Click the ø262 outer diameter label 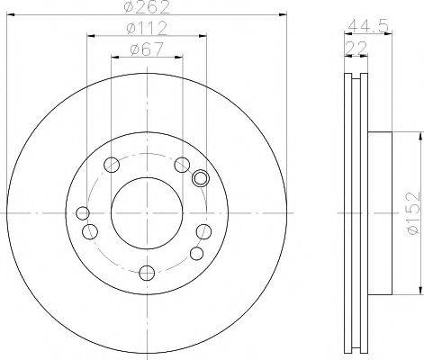(147, 7)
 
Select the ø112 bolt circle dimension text (147, 29)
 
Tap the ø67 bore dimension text (147, 49)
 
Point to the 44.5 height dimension (368, 26)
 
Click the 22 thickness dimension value (356, 48)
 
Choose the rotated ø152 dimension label (415, 212)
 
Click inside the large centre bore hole (147, 213)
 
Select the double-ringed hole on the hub (201, 178)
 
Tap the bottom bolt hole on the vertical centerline (147, 273)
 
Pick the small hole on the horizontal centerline (83, 213)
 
